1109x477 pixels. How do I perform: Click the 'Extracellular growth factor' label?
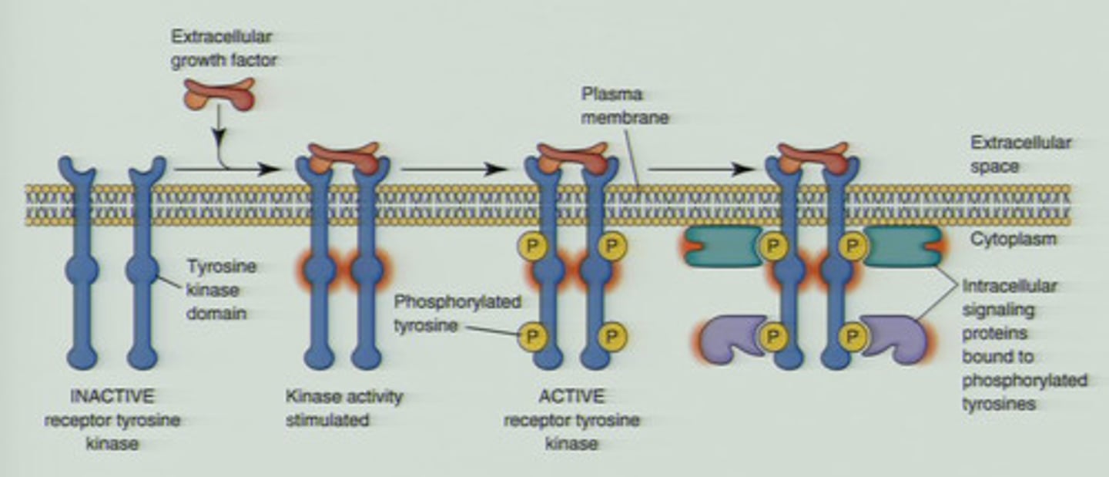coord(223,48)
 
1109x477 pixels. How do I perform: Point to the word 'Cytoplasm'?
coord(1013,239)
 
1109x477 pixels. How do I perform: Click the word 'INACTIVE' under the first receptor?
coord(112,398)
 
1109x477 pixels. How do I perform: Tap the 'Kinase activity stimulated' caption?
coord(343,408)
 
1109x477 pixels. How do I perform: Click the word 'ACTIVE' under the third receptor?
coord(571,398)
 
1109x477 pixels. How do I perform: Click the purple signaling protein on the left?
coord(728,338)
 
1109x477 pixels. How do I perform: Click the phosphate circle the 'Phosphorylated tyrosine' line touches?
coord(530,335)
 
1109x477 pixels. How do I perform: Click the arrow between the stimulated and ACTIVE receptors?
coord(453,170)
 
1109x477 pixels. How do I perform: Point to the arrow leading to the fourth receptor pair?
coord(699,170)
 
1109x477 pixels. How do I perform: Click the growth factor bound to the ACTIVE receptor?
coord(571,156)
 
